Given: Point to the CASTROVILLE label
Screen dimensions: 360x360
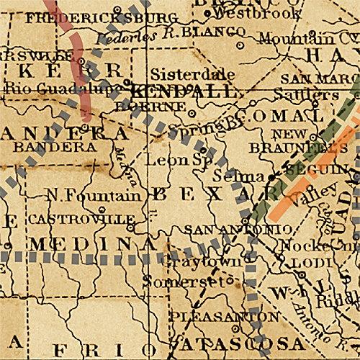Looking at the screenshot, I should [81, 218].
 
